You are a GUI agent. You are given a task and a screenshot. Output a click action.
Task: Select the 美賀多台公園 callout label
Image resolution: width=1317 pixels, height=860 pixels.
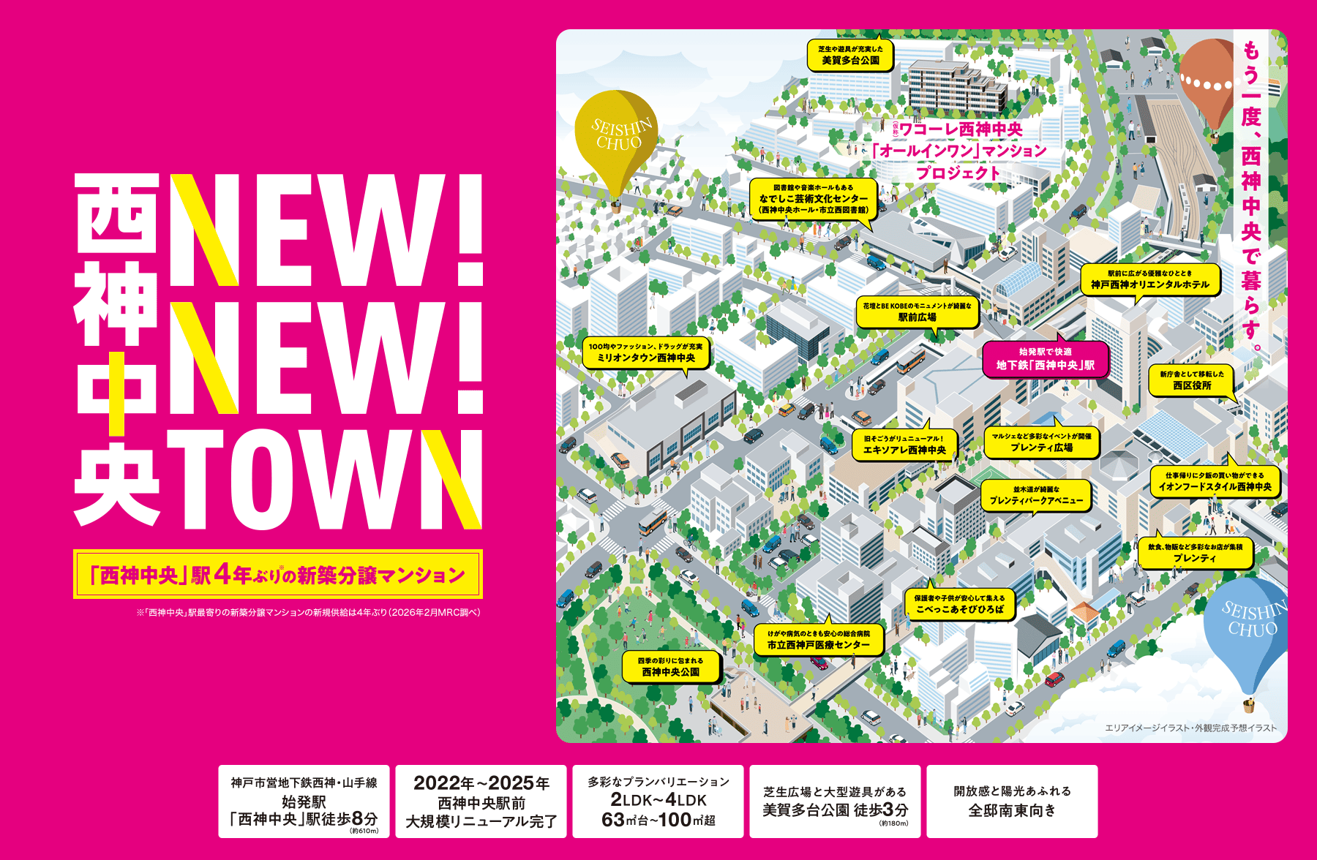point(850,55)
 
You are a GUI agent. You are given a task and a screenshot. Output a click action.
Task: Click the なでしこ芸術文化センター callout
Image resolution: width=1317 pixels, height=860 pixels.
point(814,199)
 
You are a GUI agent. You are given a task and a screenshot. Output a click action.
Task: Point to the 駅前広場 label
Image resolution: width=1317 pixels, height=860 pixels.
point(917,312)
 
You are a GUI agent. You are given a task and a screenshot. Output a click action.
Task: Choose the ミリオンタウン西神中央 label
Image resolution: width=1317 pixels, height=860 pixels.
point(646,352)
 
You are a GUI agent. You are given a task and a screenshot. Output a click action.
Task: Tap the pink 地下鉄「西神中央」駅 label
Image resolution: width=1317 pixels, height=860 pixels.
point(1045,359)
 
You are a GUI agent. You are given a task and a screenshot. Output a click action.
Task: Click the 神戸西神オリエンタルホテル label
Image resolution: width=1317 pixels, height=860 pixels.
point(1150,279)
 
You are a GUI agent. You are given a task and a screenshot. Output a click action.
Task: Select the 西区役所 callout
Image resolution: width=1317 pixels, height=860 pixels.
point(1191,380)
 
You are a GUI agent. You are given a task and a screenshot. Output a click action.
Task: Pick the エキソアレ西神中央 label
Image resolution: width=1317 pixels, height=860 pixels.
point(904,445)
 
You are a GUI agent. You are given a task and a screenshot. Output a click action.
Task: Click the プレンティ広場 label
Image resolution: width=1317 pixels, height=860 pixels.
point(1041,442)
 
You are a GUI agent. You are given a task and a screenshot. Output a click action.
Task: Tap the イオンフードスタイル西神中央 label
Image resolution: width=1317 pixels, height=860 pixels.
point(1215,481)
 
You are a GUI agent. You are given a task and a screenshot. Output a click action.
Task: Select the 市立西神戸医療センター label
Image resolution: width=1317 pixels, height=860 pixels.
point(819,640)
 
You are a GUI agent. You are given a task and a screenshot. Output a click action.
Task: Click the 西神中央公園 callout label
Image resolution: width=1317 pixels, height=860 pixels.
point(670,667)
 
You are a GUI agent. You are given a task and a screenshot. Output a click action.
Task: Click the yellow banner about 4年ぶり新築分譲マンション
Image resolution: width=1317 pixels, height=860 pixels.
point(278,575)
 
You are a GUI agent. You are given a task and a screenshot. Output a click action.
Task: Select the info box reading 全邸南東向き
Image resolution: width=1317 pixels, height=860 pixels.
point(1012,801)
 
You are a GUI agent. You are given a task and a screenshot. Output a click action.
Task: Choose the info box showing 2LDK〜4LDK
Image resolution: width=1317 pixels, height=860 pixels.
point(658,801)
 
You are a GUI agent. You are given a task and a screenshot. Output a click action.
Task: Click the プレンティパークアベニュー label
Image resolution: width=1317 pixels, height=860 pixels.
point(1035,495)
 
